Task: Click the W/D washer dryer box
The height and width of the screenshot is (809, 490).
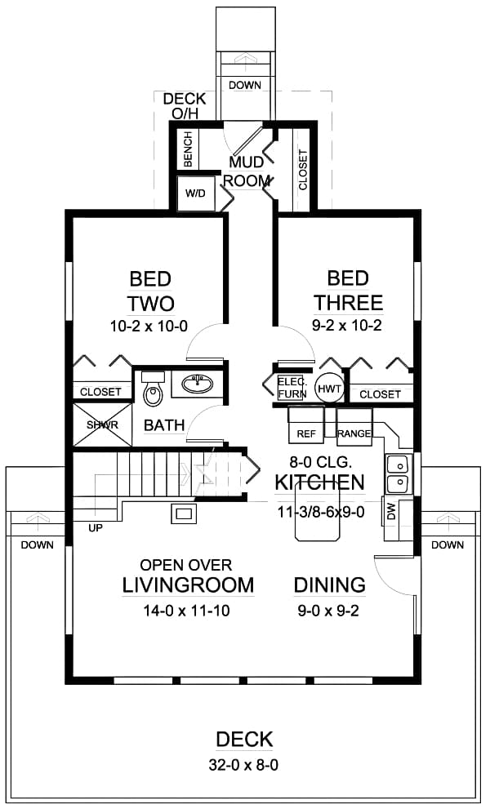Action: click(x=196, y=194)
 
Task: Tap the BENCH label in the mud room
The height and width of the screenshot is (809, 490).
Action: click(x=188, y=149)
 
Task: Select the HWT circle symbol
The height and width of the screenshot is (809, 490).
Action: click(x=328, y=389)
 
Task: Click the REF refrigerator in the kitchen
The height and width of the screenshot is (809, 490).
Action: click(x=305, y=433)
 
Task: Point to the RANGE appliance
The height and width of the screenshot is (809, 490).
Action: click(x=354, y=433)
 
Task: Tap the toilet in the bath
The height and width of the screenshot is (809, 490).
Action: click(x=152, y=393)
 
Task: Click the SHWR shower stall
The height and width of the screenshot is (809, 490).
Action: click(x=102, y=425)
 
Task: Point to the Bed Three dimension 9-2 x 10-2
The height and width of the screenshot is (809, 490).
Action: click(x=348, y=326)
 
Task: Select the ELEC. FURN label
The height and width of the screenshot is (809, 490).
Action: click(x=292, y=388)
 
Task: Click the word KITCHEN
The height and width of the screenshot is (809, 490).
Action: click(x=319, y=482)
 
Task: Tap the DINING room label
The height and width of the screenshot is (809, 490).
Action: click(x=329, y=585)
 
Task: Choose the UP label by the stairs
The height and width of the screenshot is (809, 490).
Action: click(x=96, y=528)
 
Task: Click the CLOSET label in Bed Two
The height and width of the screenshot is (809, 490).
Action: click(x=101, y=393)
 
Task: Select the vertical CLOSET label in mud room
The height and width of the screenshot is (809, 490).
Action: click(x=303, y=170)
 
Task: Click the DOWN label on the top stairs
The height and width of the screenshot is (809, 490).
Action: click(x=244, y=85)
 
